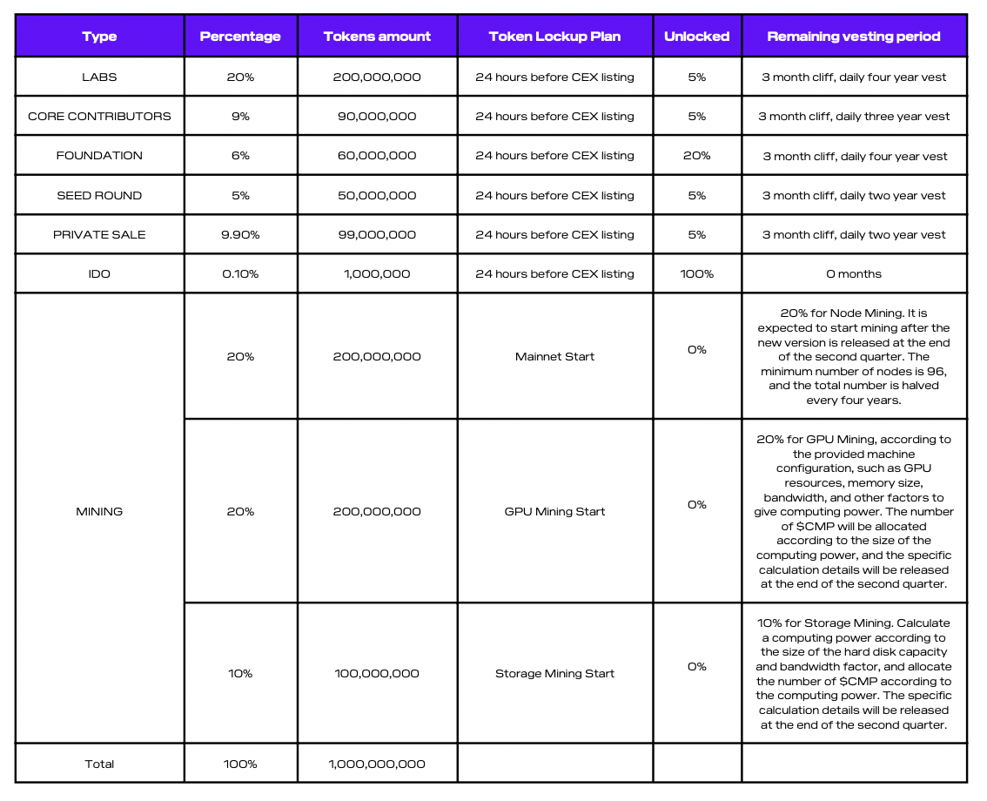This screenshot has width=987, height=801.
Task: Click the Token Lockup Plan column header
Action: pyautogui.click(x=554, y=37)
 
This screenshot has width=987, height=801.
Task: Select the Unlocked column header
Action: pyautogui.click(x=696, y=37)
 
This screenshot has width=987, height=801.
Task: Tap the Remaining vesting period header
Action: pyautogui.click(x=853, y=37)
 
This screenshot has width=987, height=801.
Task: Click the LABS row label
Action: pyautogui.click(x=99, y=77)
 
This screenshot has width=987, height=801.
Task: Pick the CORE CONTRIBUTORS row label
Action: pyautogui.click(x=99, y=116)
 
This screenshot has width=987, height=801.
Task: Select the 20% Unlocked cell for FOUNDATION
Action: pyautogui.click(x=696, y=156)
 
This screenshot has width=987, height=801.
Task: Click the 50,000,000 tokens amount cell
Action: pyautogui.click(x=377, y=195)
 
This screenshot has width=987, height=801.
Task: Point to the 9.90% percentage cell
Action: pyautogui.click(x=240, y=234)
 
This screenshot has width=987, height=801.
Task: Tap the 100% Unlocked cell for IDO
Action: pyautogui.click(x=696, y=273)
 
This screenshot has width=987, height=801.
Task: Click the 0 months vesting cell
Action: pyautogui.click(x=853, y=273)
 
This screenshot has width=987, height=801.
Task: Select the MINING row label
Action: pyautogui.click(x=99, y=511)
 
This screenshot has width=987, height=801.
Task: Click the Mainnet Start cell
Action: pyautogui.click(x=554, y=356)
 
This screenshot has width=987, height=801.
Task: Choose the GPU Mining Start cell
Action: pyautogui.click(x=554, y=511)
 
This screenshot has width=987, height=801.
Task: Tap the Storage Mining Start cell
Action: pyautogui.click(x=554, y=673)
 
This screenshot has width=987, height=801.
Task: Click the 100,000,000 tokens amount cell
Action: pyautogui.click(x=377, y=673)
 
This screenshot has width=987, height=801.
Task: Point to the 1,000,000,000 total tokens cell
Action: pyautogui.click(x=377, y=764)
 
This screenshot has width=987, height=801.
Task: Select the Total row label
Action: pyautogui.click(x=99, y=764)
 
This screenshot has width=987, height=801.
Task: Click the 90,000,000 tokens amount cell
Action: pyautogui.click(x=377, y=116)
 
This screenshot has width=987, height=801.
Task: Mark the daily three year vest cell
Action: pyautogui.click(x=853, y=116)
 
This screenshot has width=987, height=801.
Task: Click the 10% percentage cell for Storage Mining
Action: pyautogui.click(x=240, y=673)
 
